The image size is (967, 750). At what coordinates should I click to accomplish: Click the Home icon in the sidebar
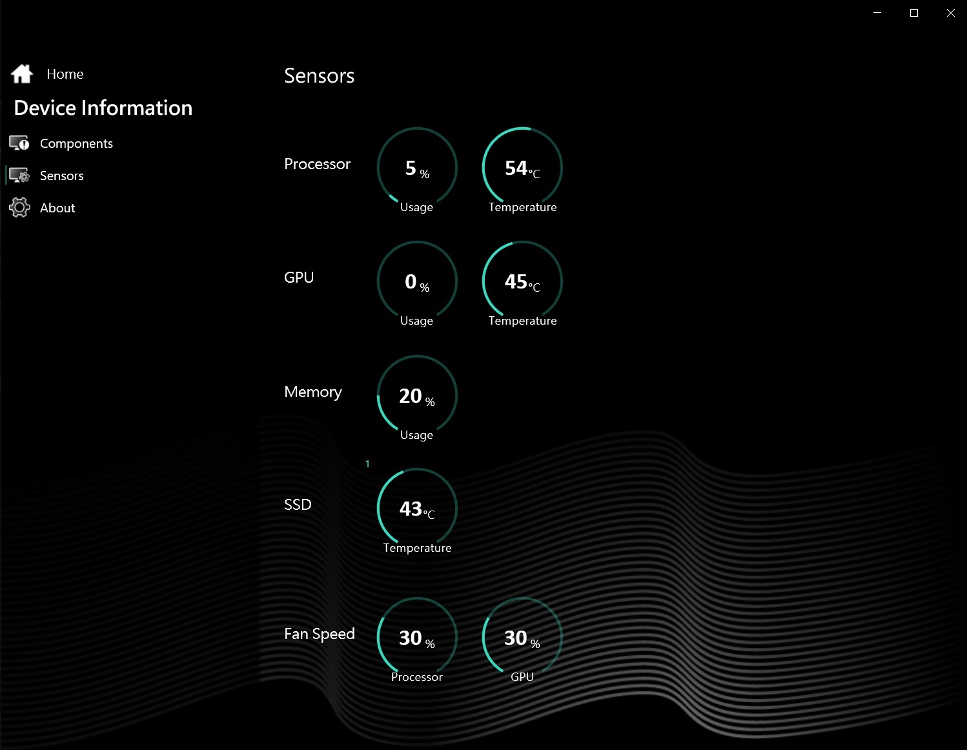coord(22,74)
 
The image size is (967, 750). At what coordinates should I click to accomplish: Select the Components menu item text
coord(76,144)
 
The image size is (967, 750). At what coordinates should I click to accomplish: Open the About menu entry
coord(57,208)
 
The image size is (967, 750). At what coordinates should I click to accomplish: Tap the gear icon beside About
coord(19,207)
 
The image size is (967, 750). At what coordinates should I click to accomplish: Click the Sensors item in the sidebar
coord(61,176)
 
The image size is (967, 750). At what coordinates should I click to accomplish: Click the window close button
coord(950,13)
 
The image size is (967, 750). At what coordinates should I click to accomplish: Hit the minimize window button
coord(877,13)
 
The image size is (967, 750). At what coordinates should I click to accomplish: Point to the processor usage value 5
coord(411,168)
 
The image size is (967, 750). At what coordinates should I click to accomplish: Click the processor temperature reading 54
coord(516,168)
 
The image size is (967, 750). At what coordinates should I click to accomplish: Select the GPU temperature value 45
coord(516,281)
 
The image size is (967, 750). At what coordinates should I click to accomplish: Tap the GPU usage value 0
coord(411,281)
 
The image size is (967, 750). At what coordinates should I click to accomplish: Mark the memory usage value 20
coord(411,396)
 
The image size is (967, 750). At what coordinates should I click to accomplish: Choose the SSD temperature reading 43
coord(411,509)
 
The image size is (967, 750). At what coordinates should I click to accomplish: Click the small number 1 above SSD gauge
coord(367,464)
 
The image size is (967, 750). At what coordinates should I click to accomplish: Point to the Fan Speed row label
coord(319,633)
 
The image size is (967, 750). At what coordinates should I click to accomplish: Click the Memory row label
coord(313,392)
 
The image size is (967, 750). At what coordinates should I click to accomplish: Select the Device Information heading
coord(103,108)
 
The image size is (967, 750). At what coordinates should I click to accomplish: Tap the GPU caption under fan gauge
coord(522,676)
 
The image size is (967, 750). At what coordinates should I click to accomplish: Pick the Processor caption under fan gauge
coord(416,676)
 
